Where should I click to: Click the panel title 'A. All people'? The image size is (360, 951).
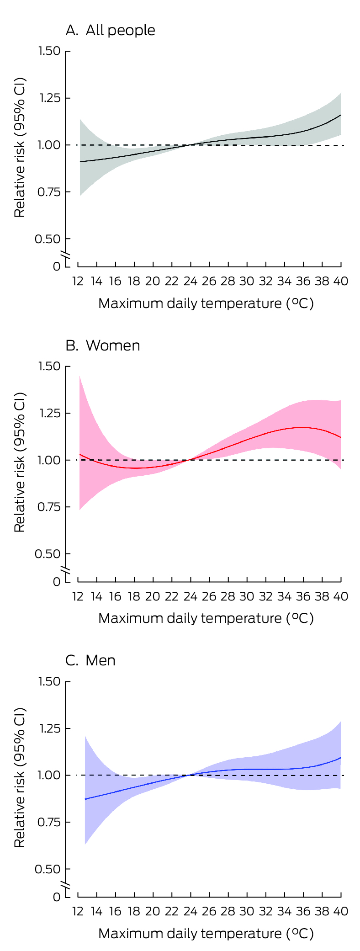(x=110, y=31)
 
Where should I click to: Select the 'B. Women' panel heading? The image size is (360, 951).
(x=103, y=345)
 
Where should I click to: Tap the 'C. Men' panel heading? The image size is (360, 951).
(x=90, y=660)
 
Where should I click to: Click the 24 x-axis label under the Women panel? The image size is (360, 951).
(x=190, y=596)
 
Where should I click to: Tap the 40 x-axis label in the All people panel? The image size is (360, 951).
(x=340, y=281)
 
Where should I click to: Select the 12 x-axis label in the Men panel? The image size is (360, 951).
(x=78, y=911)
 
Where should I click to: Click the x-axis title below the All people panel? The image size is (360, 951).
(x=206, y=303)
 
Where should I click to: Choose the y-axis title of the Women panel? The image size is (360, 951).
(x=20, y=462)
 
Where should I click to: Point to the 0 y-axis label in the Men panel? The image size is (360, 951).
(x=56, y=897)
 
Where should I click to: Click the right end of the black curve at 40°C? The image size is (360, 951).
(x=341, y=115)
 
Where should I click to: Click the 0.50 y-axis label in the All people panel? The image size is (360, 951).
(x=48, y=239)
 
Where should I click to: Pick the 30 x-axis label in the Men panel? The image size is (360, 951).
(x=246, y=911)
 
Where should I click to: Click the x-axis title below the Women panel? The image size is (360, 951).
(x=206, y=618)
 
